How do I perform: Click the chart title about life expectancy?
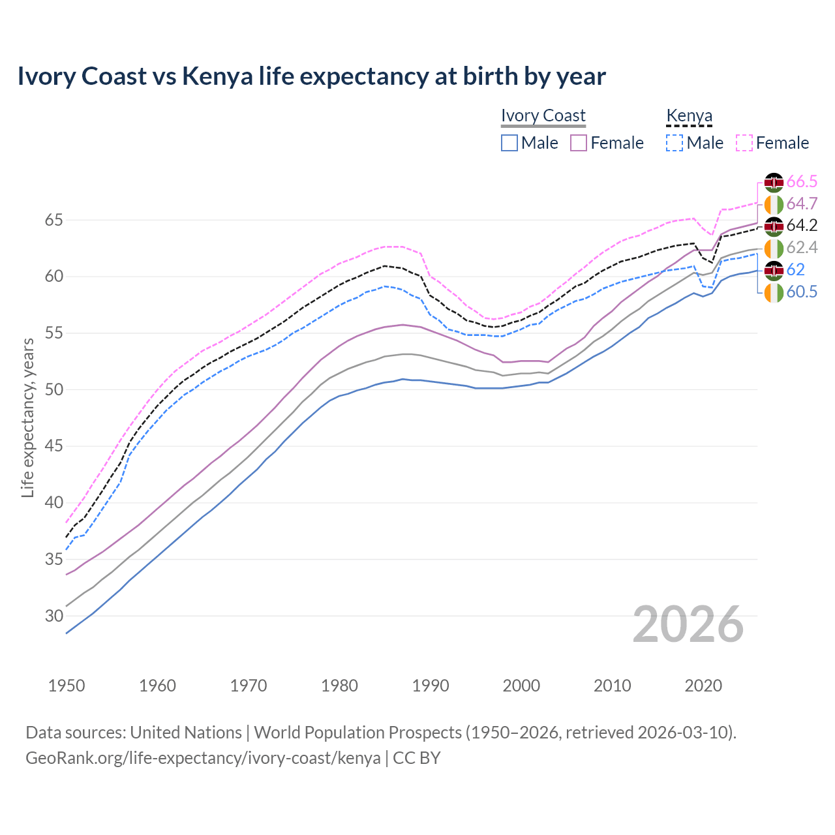click(x=311, y=76)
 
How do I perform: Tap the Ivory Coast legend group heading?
click(x=543, y=116)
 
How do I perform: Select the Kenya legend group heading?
click(x=689, y=116)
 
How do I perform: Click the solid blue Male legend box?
click(x=509, y=143)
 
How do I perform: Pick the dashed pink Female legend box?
click(x=744, y=143)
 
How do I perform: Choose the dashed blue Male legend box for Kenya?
click(x=675, y=143)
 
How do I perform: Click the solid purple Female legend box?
click(x=579, y=143)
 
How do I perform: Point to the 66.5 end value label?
click(x=802, y=181)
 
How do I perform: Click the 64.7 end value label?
click(x=802, y=204)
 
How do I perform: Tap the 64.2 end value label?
click(x=802, y=226)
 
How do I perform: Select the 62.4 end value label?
click(x=802, y=248)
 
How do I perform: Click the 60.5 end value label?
click(x=802, y=292)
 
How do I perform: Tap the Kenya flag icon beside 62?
click(x=774, y=270)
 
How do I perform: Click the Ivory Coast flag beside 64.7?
click(x=774, y=204)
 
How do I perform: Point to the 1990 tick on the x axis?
click(x=431, y=686)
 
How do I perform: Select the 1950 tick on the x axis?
click(x=67, y=686)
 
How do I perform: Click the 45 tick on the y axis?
click(x=53, y=446)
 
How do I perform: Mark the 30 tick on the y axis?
click(x=53, y=616)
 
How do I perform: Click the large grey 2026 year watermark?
click(x=688, y=624)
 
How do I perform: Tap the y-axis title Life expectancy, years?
click(x=27, y=417)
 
